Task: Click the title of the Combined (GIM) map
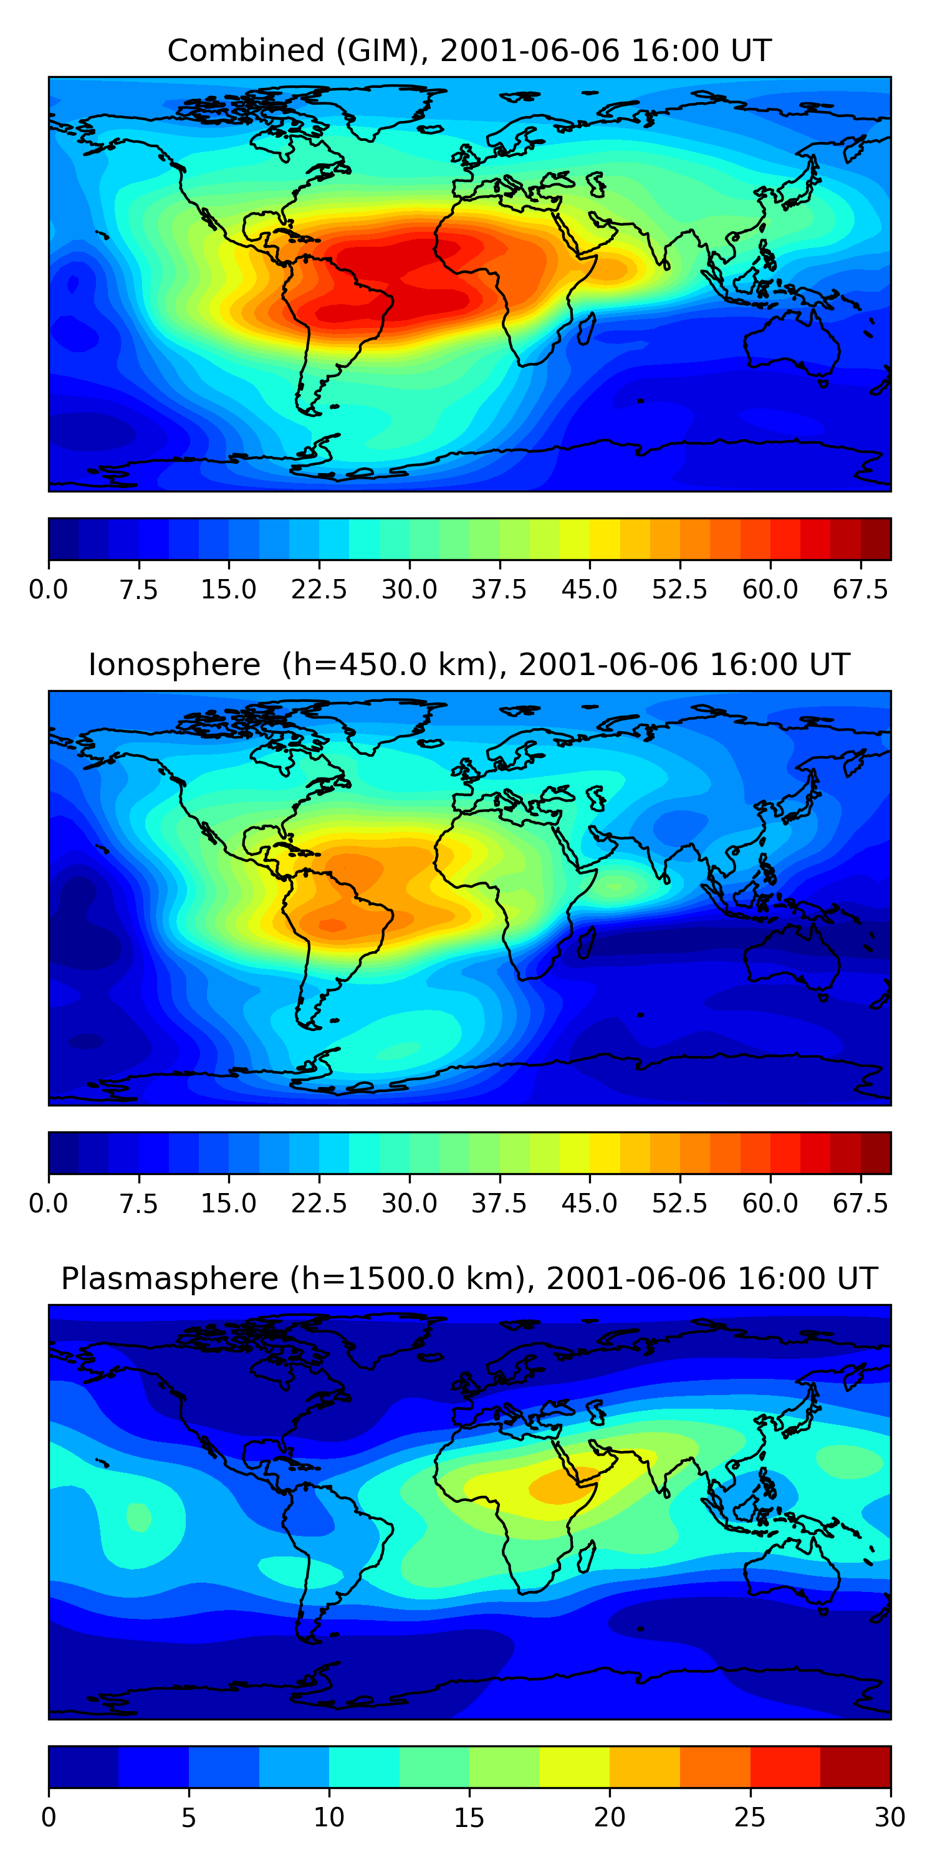pos(469,51)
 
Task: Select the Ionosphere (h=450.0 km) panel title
pos(469,665)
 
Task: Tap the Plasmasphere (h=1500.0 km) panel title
pos(469,1278)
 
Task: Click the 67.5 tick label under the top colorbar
pos(860,590)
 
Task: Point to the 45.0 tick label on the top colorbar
pos(590,590)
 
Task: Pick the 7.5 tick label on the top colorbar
pos(138,590)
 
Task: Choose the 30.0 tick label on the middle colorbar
pos(410,1203)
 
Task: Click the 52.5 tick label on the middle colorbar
pos(679,1203)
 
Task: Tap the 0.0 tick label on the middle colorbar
pos(49,1203)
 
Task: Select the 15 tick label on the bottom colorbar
pos(469,1817)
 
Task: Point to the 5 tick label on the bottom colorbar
pos(189,1817)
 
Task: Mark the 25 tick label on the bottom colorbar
pos(750,1817)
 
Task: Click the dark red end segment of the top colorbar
pos(876,539)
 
